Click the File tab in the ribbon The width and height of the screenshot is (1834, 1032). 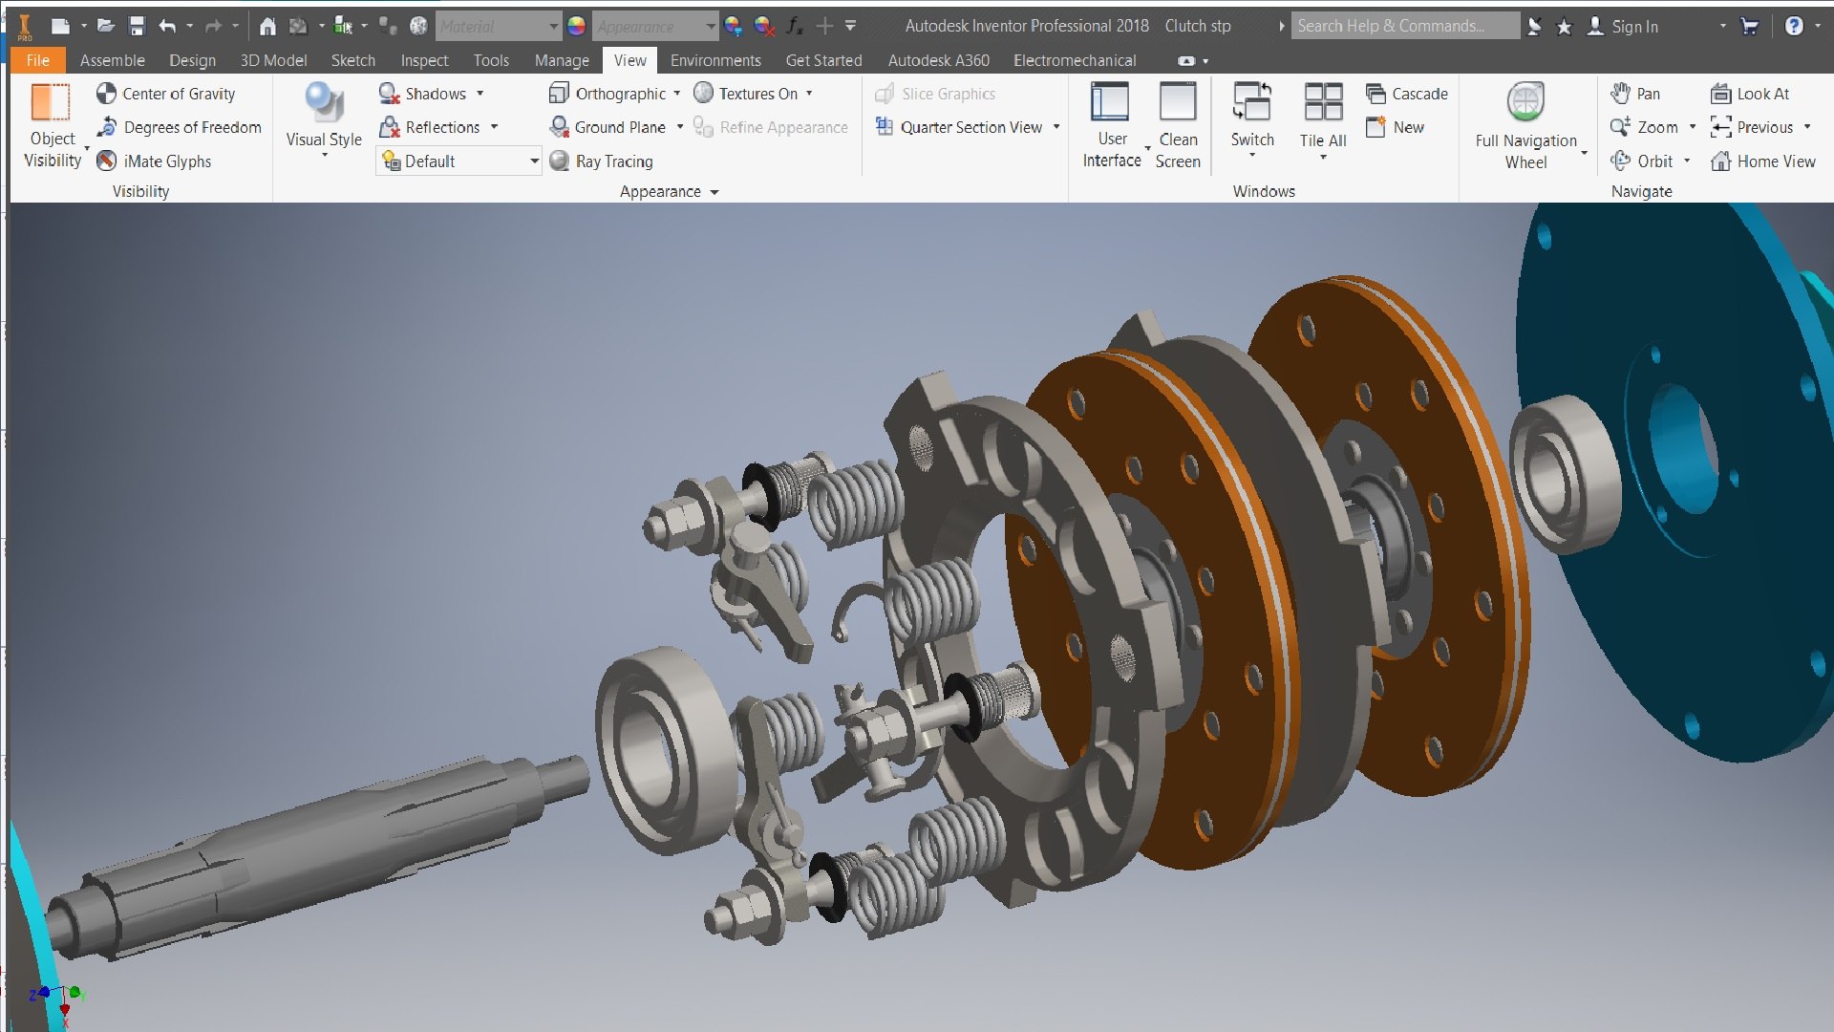coord(37,60)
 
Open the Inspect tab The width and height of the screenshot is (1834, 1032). coord(424,60)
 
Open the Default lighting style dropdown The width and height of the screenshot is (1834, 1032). coord(534,161)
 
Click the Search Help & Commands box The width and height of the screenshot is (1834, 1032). coord(1404,27)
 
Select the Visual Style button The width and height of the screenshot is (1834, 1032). coord(324,115)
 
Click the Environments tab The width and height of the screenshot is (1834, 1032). coord(715,60)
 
